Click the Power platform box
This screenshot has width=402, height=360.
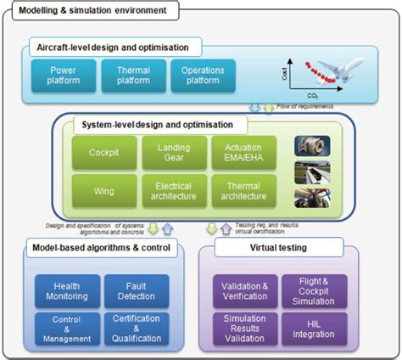[x=62, y=75]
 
